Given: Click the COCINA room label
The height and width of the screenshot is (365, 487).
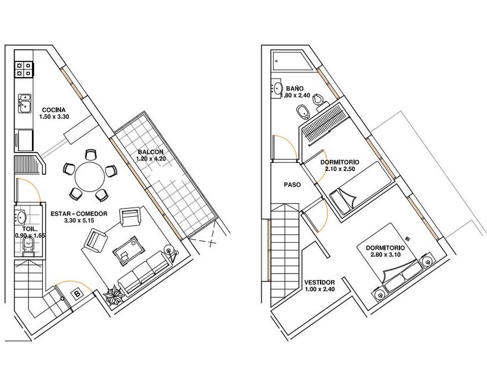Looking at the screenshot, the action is coord(54,110).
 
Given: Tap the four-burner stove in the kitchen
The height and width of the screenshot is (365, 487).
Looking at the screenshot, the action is coord(24,69).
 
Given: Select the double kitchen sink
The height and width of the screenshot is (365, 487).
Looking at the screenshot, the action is coord(24,103).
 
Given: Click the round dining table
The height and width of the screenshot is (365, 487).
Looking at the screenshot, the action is coord(90,177).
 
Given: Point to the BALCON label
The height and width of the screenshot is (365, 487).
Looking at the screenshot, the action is coord(151,152).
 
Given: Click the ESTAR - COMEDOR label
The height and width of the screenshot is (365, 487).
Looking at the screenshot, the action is coord(79,214).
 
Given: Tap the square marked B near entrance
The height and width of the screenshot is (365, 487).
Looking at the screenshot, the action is coord(77,294).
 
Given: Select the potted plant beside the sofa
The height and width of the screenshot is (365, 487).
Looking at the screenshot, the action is coord(115,295).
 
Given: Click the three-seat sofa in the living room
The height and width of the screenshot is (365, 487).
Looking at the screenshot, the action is coord(144,272).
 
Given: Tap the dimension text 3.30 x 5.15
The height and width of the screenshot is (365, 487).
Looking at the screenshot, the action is coord(79,221).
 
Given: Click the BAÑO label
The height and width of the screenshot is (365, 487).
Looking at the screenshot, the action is coord(295,89).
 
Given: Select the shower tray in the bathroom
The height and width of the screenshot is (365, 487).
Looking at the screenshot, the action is coord(292,61).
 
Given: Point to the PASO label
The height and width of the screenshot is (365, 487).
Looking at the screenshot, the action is coord(292,185).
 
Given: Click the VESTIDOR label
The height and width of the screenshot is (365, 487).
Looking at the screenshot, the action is coord(319,283).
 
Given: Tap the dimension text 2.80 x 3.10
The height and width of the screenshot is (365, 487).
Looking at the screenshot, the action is coord(386,255).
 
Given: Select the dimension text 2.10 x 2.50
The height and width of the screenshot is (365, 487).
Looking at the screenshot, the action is coord(340,169).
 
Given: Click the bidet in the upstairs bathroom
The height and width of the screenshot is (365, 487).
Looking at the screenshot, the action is coord(302,112).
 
